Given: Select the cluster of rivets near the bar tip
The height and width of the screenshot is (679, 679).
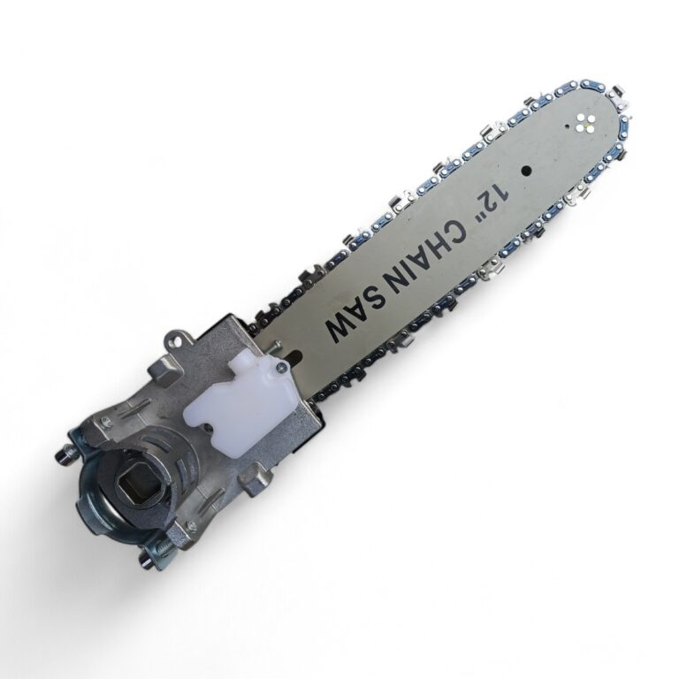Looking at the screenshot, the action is pyautogui.click(x=584, y=124).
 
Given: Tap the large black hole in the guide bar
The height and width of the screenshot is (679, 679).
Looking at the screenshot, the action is pyautogui.click(x=525, y=170).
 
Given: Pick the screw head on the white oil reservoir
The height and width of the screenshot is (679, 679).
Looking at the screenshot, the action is pyautogui.click(x=283, y=367).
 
